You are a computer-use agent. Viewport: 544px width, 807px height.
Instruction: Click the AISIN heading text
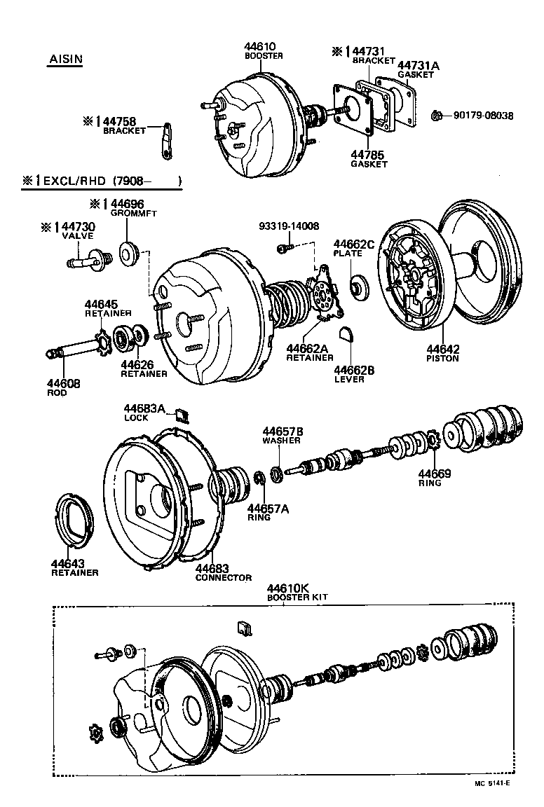(65, 59)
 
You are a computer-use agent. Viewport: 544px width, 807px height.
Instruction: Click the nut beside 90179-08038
(435, 115)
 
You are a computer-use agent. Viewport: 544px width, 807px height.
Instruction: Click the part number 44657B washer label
(283, 432)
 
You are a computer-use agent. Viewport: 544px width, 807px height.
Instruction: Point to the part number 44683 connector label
(212, 569)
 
